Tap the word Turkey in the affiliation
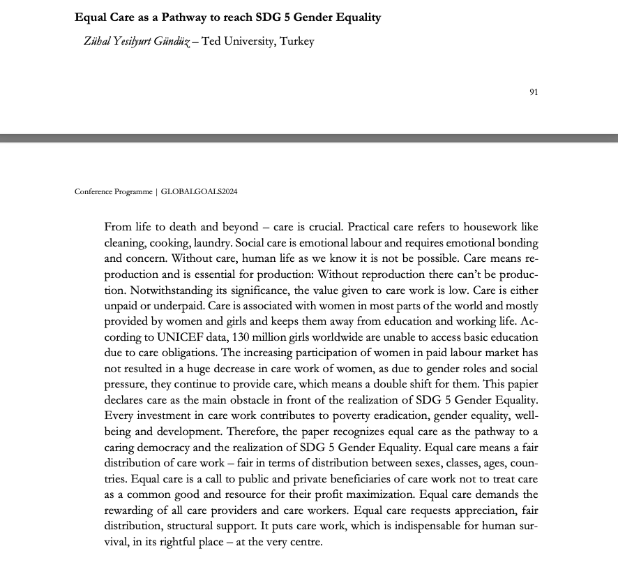coord(296,41)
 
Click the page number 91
coord(534,92)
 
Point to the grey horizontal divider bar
coord(309,138)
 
